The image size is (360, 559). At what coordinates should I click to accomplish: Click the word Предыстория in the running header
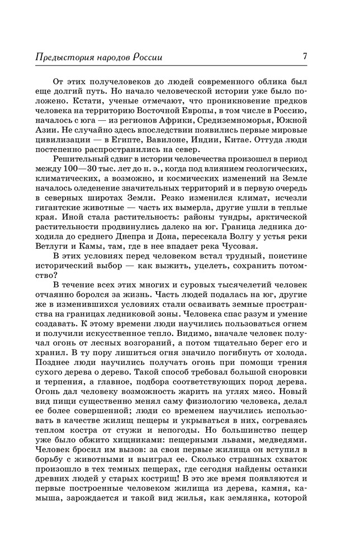tap(62, 58)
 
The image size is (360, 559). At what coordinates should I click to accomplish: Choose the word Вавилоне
tap(192, 140)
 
